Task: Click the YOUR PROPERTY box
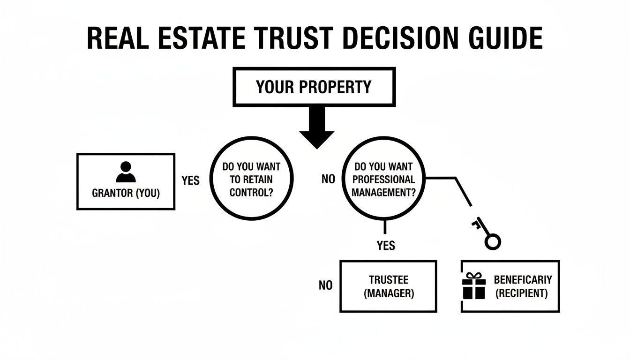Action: click(x=314, y=87)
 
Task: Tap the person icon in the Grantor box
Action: click(x=125, y=172)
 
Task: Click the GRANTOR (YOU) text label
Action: click(x=126, y=193)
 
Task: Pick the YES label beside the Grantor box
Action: click(x=190, y=180)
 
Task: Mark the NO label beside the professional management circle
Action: click(x=328, y=179)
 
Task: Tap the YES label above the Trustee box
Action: click(x=386, y=245)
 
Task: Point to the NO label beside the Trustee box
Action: click(x=325, y=285)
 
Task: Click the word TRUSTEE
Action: click(x=389, y=280)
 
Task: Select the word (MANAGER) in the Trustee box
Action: click(x=389, y=294)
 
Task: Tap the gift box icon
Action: click(x=473, y=286)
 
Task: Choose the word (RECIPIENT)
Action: click(x=522, y=294)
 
